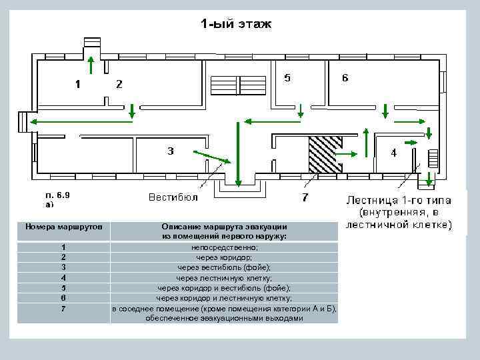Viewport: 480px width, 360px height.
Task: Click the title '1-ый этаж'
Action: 237,25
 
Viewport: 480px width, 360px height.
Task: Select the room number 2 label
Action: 119,84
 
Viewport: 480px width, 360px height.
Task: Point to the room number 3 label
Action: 171,151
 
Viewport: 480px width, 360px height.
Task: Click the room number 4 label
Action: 393,153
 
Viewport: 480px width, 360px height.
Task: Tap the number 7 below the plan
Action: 305,197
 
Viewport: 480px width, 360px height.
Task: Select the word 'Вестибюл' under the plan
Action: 173,197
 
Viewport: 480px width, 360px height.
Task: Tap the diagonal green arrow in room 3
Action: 211,157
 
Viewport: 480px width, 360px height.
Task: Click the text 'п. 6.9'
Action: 57,195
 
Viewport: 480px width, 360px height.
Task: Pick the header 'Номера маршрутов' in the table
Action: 64,227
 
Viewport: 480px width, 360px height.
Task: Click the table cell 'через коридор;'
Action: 224,257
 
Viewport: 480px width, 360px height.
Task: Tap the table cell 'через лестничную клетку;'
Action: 224,277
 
